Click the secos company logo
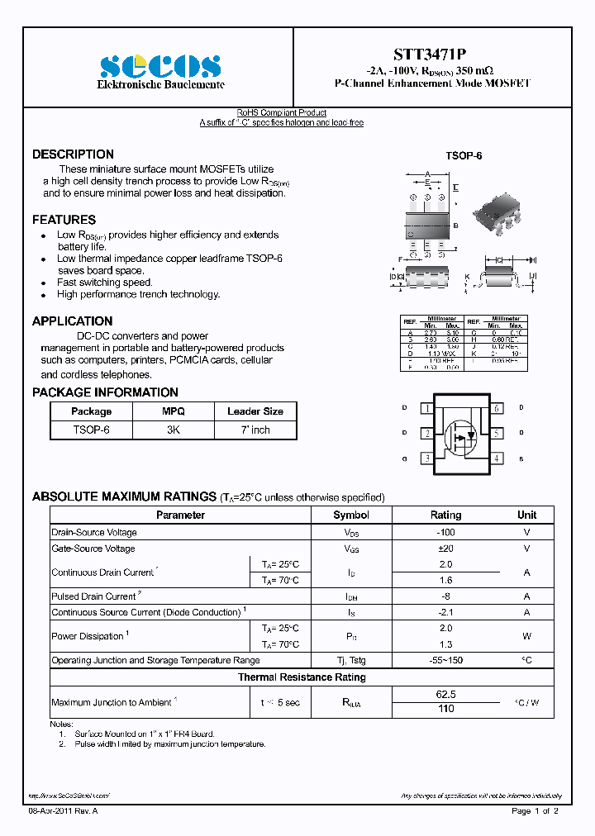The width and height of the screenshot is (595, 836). click(x=160, y=66)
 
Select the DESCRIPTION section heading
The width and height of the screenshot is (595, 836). click(x=73, y=154)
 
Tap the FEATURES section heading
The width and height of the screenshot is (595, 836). click(x=64, y=220)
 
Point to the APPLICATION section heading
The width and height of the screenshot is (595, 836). click(x=72, y=321)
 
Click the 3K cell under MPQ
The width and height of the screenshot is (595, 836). click(x=174, y=430)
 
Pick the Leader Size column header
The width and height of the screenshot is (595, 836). click(x=255, y=411)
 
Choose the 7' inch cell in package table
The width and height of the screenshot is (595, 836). click(x=255, y=430)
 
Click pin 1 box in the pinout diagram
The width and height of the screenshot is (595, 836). click(x=426, y=408)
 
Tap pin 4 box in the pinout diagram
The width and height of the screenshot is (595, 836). click(x=497, y=458)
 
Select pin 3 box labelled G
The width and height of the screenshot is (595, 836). click(x=426, y=458)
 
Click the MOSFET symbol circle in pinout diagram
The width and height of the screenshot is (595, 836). click(x=460, y=434)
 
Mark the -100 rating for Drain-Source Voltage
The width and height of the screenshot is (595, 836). click(x=445, y=533)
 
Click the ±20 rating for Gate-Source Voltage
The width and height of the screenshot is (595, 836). click(x=445, y=549)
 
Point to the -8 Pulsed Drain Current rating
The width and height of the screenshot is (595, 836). click(x=445, y=596)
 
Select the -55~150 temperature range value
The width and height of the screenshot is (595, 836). click(x=445, y=660)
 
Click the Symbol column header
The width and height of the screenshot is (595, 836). click(x=351, y=515)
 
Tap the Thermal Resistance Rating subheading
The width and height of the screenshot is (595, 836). click(x=302, y=677)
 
